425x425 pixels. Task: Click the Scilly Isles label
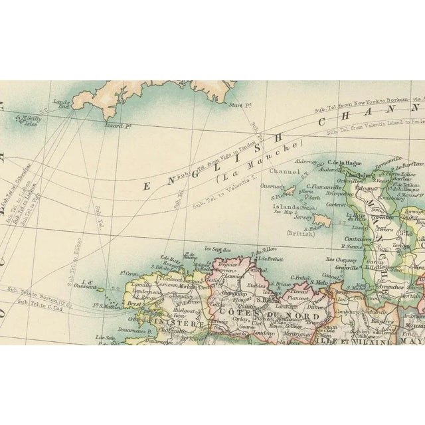point(31,120)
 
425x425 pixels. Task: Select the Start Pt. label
point(236,106)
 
